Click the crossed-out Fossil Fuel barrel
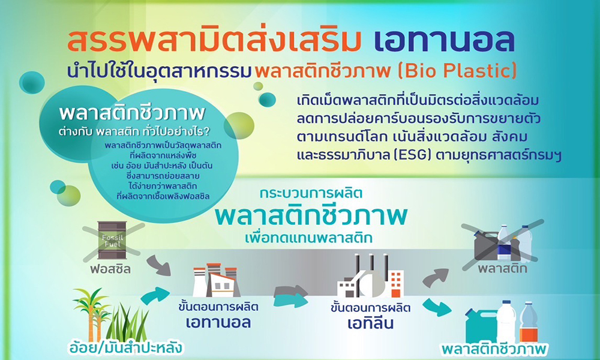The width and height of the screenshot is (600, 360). click(x=112, y=240)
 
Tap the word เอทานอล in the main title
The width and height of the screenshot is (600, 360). click(x=444, y=41)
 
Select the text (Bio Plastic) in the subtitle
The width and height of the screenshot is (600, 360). click(x=457, y=71)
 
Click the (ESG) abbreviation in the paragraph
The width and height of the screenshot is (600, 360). click(x=410, y=155)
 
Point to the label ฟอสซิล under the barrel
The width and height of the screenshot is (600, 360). click(x=110, y=269)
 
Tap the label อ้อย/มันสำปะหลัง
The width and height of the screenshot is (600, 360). click(x=125, y=348)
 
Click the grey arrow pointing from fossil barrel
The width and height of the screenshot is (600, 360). click(x=159, y=266)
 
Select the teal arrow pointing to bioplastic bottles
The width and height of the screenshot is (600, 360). click(x=437, y=307)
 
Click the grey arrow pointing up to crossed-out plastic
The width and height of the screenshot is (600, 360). click(x=436, y=277)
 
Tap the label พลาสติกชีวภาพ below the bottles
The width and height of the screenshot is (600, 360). click(x=495, y=349)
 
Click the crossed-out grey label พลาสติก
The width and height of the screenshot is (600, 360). click(x=502, y=268)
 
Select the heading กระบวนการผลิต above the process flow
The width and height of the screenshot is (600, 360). click(x=311, y=193)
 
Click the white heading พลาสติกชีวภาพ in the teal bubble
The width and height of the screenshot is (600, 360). click(x=132, y=113)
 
